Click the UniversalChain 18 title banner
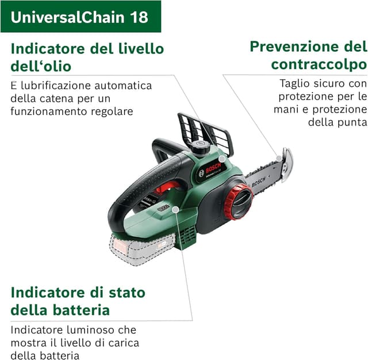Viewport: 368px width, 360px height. [80, 16]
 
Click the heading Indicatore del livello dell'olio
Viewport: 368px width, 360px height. [87, 56]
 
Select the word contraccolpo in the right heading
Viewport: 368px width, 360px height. [319, 63]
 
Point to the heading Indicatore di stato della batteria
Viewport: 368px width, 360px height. [78, 301]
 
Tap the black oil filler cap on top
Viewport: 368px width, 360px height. [201, 147]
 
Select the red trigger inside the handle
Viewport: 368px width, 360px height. [167, 187]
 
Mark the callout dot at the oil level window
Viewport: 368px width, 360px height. [222, 158]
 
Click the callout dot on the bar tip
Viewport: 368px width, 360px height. [279, 157]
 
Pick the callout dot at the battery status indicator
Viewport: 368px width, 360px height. [175, 210]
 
